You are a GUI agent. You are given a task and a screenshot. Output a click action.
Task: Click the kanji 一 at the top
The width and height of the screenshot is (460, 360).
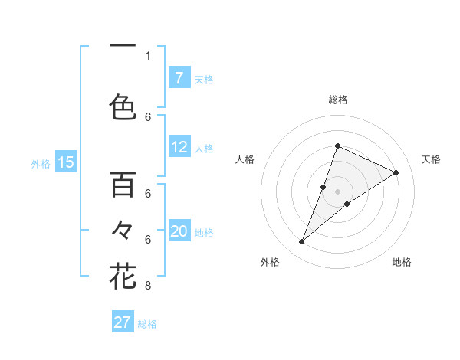pos(123,45)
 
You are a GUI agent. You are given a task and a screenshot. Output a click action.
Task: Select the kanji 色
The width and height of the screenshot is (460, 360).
pos(123,106)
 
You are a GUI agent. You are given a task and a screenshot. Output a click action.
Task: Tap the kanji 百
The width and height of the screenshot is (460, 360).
pos(123,184)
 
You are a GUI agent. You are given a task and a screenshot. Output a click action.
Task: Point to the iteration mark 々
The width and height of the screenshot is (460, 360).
pos(123,229)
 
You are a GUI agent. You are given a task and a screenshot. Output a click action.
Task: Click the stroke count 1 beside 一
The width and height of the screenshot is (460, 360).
pos(148,56)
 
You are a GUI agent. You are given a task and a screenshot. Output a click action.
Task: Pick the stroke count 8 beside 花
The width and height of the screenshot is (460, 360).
pos(148,286)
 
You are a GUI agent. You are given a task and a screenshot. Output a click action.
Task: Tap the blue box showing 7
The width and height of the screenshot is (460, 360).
pos(179,78)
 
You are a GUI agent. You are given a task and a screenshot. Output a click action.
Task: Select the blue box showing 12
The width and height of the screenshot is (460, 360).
pos(179,147)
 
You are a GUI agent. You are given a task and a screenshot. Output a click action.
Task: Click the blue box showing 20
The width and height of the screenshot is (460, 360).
pos(179,231)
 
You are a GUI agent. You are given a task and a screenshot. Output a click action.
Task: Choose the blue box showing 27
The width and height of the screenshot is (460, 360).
pos(123,322)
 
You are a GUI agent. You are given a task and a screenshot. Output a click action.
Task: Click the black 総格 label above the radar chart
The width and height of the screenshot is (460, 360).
pos(337,100)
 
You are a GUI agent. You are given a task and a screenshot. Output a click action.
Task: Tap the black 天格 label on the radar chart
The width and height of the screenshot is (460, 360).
pos(431,159)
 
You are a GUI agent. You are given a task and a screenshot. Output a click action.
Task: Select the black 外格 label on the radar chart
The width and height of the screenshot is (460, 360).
pos(270,262)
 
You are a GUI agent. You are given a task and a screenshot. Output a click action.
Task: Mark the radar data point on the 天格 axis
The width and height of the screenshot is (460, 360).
pos(396,172)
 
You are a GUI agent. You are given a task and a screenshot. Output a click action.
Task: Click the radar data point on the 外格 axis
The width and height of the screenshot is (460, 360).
pos(301,242)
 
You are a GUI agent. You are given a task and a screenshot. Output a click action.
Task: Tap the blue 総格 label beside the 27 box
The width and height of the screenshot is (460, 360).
pos(147,324)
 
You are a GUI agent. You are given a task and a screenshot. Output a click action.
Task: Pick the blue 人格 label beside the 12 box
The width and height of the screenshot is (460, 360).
pos(203,148)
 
